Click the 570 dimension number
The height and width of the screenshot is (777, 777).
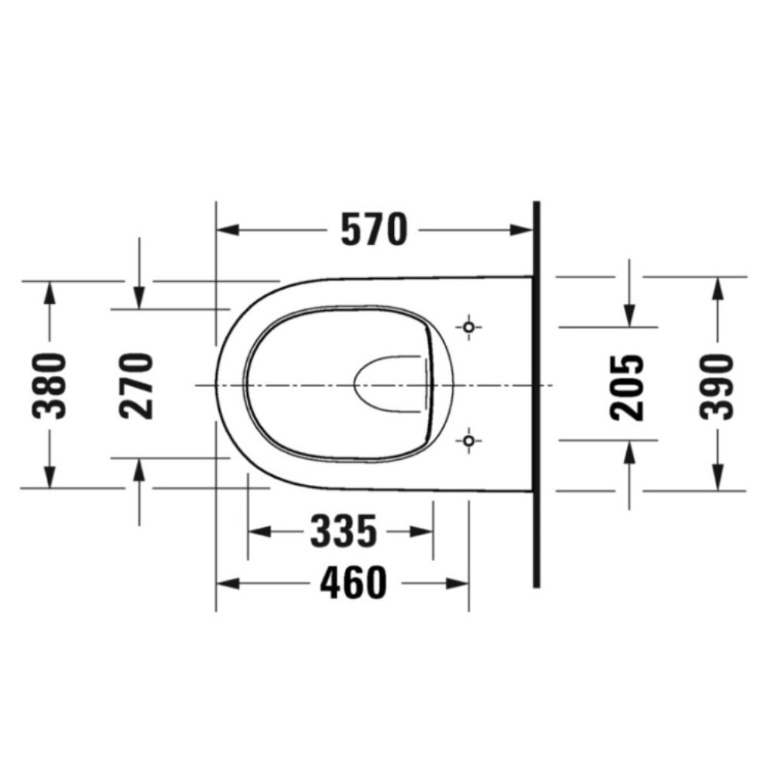point(375,229)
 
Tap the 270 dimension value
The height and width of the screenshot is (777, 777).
point(136,385)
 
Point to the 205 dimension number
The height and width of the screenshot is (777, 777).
point(627,388)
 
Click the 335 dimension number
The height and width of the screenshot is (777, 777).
point(343,531)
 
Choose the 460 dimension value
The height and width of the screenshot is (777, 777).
point(353,584)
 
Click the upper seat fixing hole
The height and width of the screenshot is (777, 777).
point(469,327)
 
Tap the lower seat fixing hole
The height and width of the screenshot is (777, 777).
point(469,440)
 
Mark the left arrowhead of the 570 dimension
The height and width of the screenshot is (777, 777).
point(228,230)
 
